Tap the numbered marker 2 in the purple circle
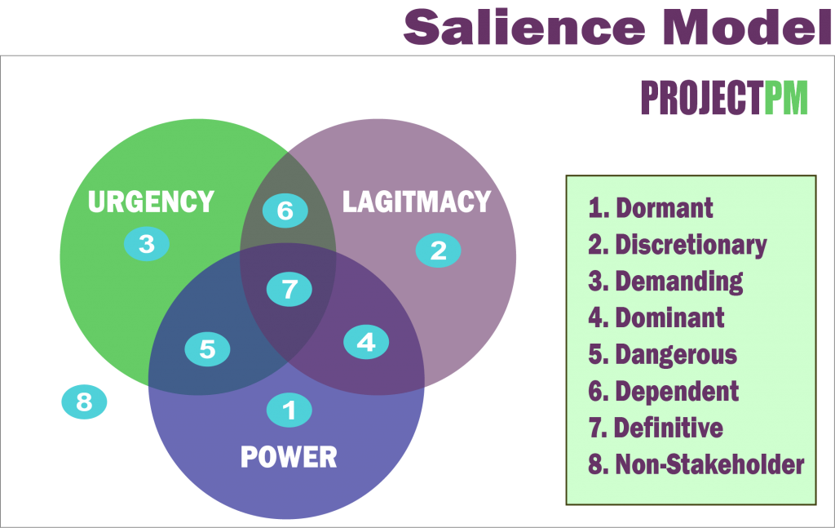click(x=439, y=250)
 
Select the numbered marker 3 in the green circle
click(x=147, y=243)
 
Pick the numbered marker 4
click(x=366, y=341)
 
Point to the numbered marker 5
click(x=207, y=349)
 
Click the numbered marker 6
click(x=285, y=211)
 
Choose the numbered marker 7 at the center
click(x=289, y=288)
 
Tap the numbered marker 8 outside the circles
click(x=85, y=402)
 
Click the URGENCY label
click(x=151, y=202)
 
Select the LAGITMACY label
click(x=417, y=202)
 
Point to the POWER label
click(x=289, y=457)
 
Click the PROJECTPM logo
click(x=724, y=99)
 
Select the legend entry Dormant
click(x=651, y=208)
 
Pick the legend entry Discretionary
click(x=678, y=245)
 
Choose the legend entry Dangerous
click(x=663, y=354)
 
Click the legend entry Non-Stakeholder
click(x=696, y=464)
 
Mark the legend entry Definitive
click(x=656, y=428)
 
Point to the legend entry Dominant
click(x=656, y=317)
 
